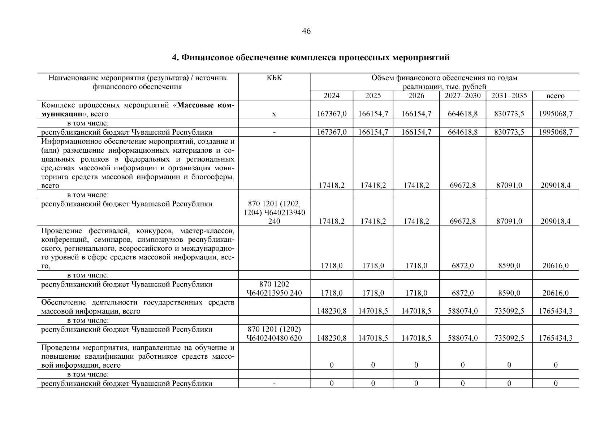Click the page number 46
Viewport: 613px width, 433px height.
click(x=306, y=31)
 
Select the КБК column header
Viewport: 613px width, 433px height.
click(x=274, y=78)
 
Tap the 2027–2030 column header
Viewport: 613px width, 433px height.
click(x=462, y=96)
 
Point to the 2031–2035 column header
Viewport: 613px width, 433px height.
click(x=509, y=96)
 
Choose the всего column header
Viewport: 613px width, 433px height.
click(x=555, y=96)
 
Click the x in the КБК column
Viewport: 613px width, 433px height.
click(x=274, y=114)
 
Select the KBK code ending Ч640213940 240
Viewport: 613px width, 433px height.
click(x=274, y=213)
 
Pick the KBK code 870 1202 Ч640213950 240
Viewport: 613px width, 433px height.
click(x=274, y=289)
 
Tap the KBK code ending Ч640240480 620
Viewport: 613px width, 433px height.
click(x=274, y=334)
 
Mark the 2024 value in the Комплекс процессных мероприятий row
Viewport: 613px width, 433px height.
click(x=332, y=114)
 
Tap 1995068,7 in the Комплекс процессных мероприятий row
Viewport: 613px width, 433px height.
click(x=555, y=114)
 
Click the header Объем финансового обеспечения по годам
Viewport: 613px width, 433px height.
click(x=444, y=78)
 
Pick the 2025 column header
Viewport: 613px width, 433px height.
click(x=373, y=96)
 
